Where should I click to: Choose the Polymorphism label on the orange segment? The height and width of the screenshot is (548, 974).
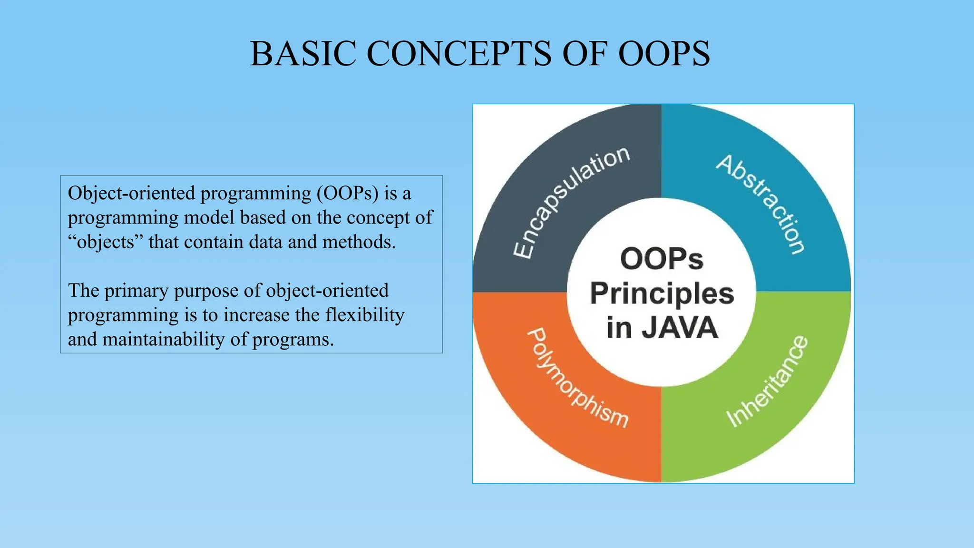[x=578, y=378]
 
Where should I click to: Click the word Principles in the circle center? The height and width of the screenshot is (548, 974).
[x=662, y=294]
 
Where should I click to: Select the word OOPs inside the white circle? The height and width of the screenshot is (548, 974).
[x=662, y=259]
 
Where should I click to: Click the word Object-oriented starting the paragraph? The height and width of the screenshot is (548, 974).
[x=131, y=193]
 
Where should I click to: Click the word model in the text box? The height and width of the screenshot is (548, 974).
[x=209, y=218]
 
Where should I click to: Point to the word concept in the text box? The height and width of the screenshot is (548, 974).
[x=378, y=218]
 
